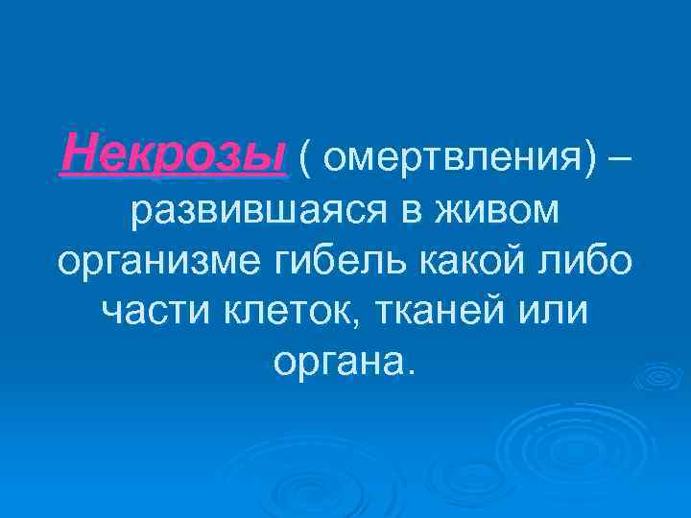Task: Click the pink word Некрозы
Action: point(173,154)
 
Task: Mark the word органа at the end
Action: point(339,362)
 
